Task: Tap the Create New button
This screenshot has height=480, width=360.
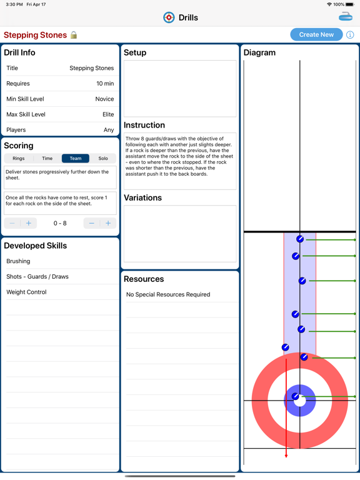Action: click(316, 35)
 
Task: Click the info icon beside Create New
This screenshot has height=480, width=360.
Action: click(350, 35)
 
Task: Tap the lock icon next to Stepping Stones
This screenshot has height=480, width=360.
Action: click(74, 35)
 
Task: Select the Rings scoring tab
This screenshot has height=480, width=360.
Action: click(19, 159)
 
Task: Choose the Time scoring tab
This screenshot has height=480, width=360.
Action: click(47, 159)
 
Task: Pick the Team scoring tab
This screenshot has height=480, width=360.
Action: click(75, 159)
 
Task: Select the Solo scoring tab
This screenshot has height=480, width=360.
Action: click(103, 159)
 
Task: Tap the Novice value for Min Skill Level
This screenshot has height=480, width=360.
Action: click(104, 99)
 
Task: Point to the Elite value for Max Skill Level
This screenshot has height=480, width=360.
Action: click(108, 114)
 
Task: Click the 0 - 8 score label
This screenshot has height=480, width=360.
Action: click(60, 223)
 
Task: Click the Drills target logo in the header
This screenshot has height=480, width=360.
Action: click(169, 17)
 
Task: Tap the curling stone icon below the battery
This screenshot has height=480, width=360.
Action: click(346, 17)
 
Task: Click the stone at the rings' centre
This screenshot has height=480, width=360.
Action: click(296, 396)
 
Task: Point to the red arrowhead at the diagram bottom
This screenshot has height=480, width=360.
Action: click(286, 455)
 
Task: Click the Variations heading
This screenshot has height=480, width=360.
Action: click(143, 197)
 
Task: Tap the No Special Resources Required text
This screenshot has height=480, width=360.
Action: click(168, 294)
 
